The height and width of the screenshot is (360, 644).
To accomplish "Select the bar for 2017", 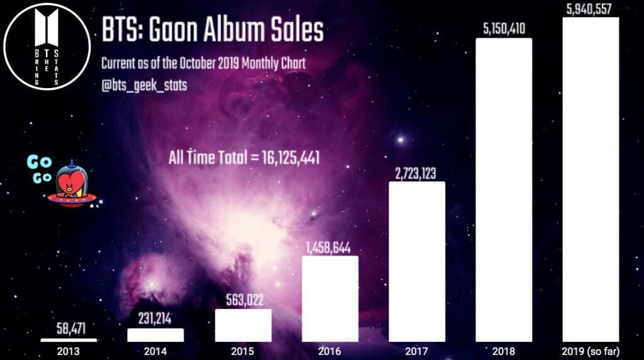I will [x=417, y=262].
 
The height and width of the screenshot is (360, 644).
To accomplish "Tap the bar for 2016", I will [x=330, y=299].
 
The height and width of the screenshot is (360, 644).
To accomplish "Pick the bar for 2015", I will [x=243, y=325].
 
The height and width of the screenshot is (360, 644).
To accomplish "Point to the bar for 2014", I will [x=156, y=335].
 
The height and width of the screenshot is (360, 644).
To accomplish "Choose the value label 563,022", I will [x=243, y=300].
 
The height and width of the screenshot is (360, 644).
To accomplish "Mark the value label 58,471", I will [x=69, y=329].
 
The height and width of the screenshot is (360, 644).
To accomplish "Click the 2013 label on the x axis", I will [x=69, y=351].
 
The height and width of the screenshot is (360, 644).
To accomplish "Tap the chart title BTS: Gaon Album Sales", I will [x=212, y=30].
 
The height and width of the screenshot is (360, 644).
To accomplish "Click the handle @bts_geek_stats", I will [x=144, y=85].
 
